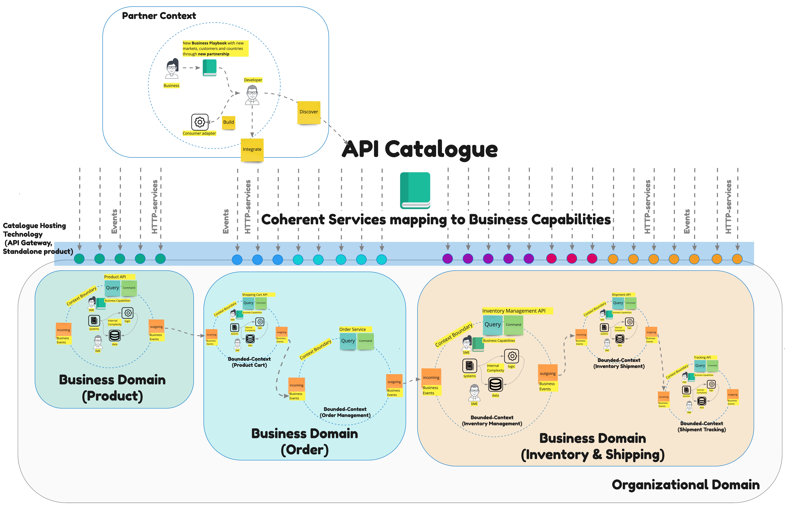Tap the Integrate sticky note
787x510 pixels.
coord(252,150)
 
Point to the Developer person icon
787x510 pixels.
coord(252,95)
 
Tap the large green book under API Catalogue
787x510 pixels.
coord(415,190)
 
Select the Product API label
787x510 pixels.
coord(115,277)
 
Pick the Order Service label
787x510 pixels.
coord(352,329)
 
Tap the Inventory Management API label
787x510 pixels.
coord(514,311)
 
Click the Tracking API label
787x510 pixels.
coord(702,357)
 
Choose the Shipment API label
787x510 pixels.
coord(621,295)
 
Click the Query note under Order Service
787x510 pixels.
coord(348,341)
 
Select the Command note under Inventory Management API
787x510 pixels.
coord(513,325)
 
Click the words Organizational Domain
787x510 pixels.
coord(685,485)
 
